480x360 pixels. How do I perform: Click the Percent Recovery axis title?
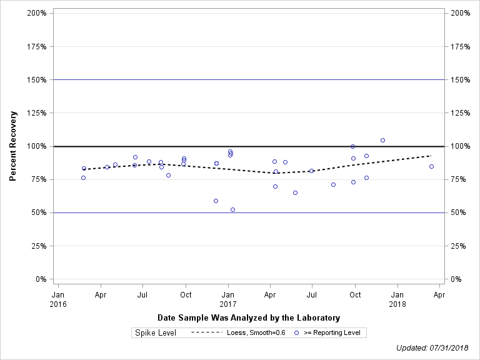(x=13, y=146)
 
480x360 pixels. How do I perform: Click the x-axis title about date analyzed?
(x=249, y=317)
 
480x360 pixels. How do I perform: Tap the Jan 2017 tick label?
(x=228, y=298)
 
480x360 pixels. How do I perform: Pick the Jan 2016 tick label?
(x=57, y=298)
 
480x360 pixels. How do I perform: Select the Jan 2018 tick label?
(x=397, y=298)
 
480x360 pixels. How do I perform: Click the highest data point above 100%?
(x=382, y=140)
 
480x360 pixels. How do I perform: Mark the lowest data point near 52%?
(x=232, y=209)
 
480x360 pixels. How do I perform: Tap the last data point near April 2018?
(x=431, y=166)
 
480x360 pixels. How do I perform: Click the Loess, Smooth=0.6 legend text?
(x=256, y=332)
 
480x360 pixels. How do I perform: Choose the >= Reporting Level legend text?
(x=332, y=332)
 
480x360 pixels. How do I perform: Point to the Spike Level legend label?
(x=156, y=332)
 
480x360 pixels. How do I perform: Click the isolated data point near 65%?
(x=295, y=192)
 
